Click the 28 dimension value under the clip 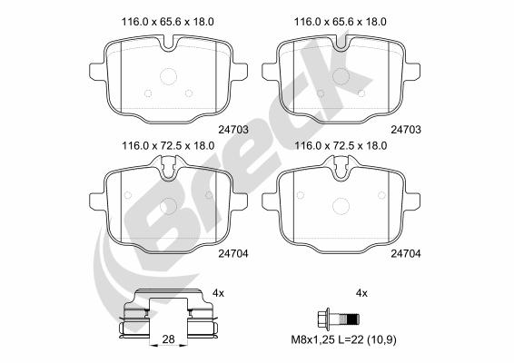point(169,339)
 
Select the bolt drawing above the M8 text point(339,318)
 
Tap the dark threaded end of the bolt point(353,319)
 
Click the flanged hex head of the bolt point(324,318)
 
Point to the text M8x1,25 point(312,340)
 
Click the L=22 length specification point(351,340)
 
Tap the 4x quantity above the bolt point(361,293)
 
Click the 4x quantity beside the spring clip point(218,293)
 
